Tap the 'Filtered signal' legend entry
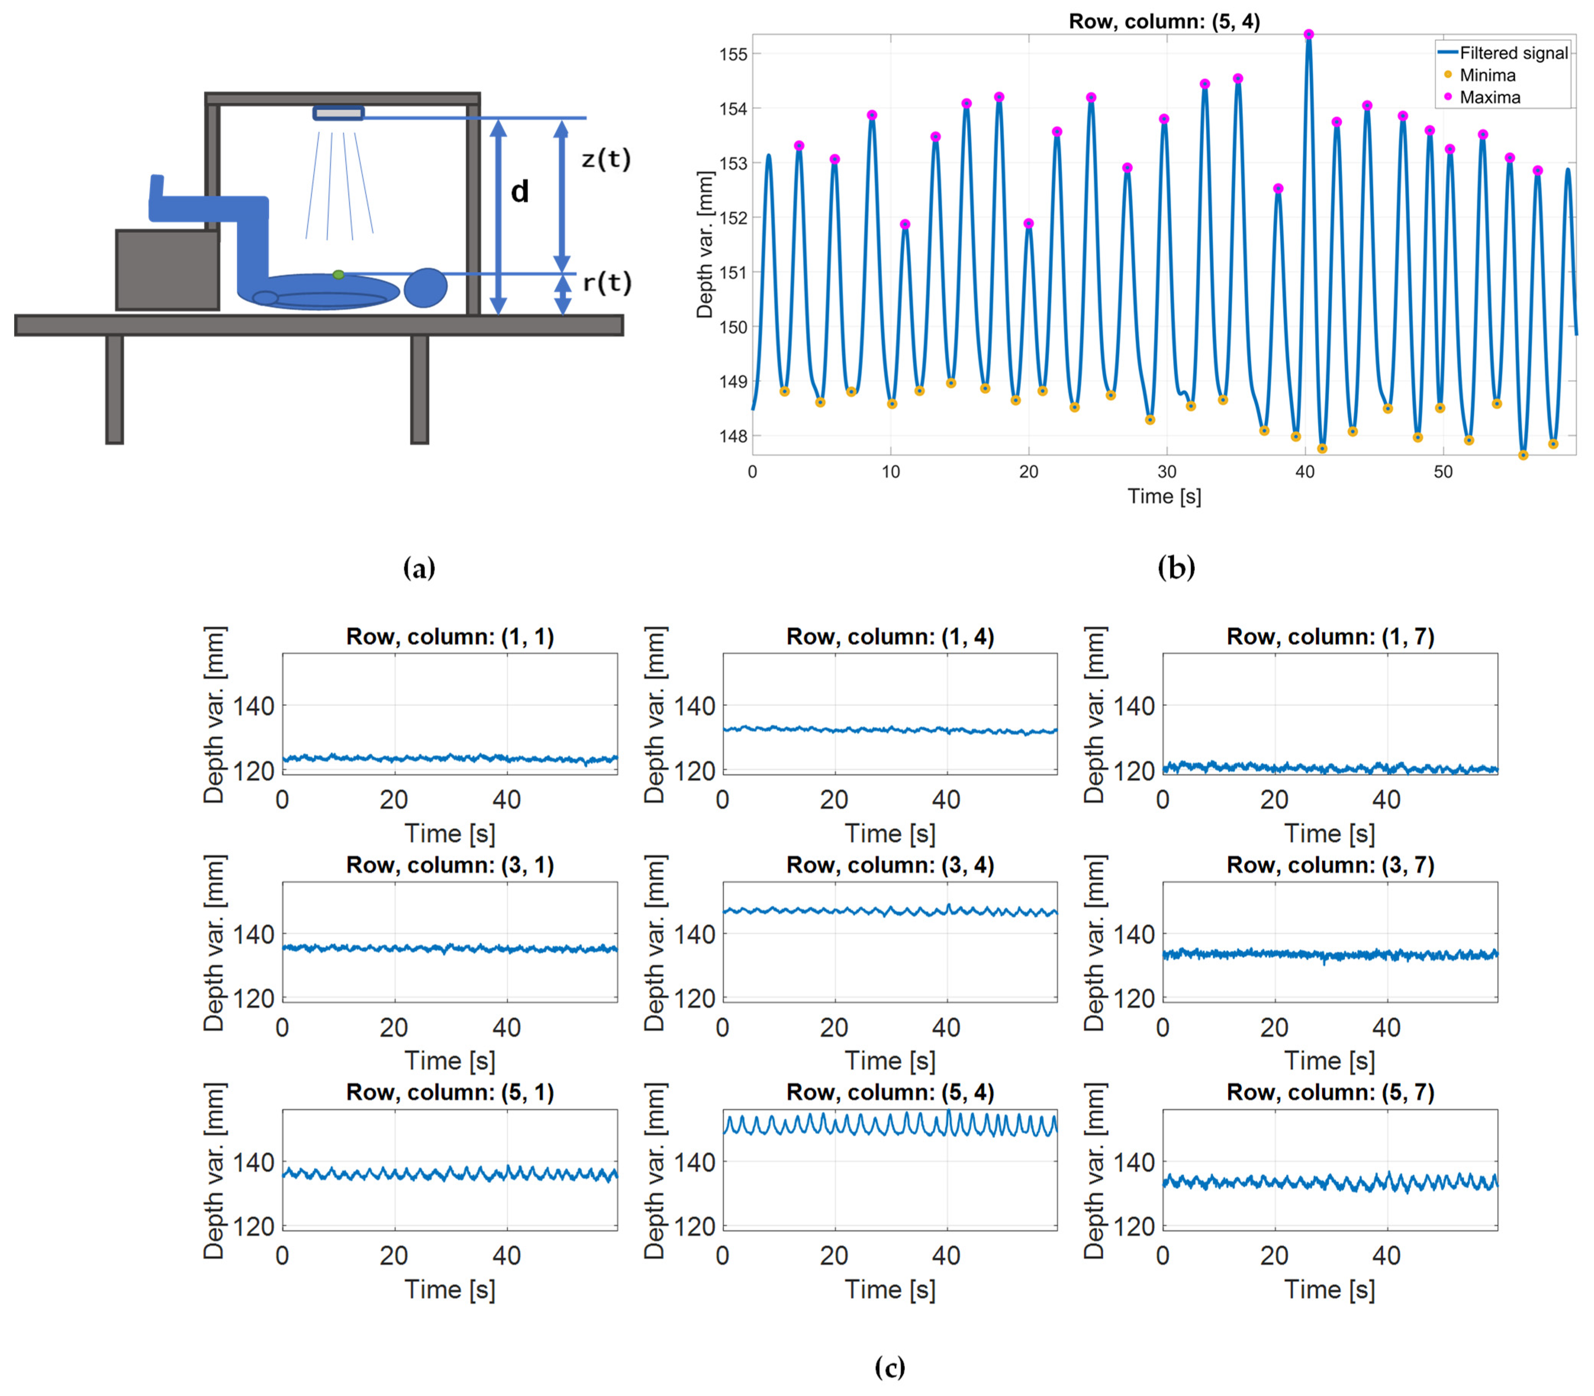point(1512,53)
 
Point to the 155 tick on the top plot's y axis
point(733,55)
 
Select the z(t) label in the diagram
point(606,159)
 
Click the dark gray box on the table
point(167,270)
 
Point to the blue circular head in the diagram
point(426,287)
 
